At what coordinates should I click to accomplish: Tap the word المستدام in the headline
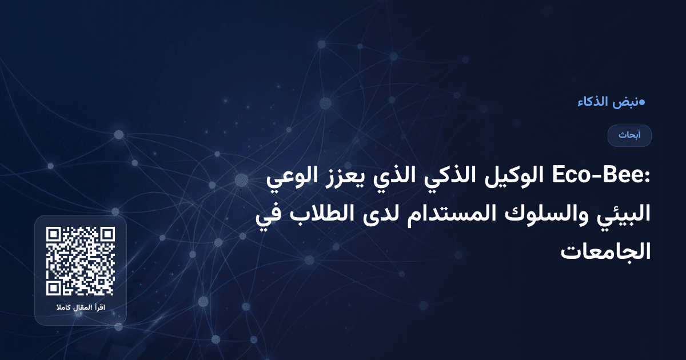(455, 216)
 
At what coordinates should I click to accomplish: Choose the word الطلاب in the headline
(321, 216)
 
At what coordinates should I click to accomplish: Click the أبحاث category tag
(629, 135)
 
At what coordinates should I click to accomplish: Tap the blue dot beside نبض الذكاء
(642, 102)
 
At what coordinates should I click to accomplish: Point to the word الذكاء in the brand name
(592, 102)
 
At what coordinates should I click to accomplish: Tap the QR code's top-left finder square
(54, 235)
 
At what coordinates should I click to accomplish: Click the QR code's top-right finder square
(107, 235)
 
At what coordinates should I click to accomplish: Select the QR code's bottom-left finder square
(54, 287)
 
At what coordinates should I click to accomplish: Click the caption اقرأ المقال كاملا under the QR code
(81, 309)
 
